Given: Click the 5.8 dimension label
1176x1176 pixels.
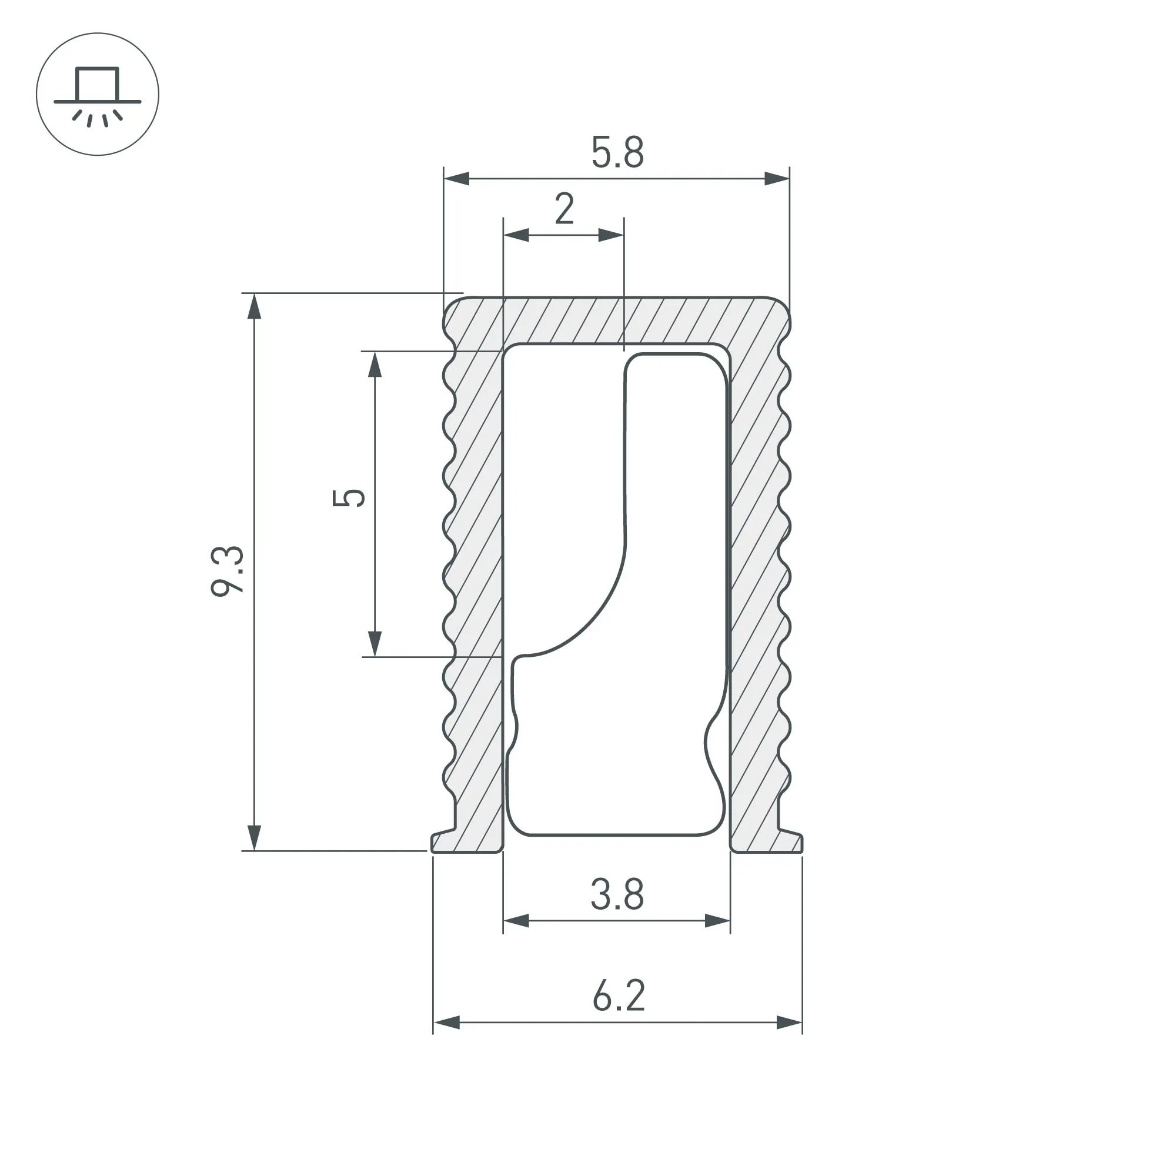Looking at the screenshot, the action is pos(617,153).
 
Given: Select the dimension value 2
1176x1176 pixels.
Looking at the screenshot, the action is pos(564,209).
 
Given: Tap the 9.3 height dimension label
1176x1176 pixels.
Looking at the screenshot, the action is pos(227,571).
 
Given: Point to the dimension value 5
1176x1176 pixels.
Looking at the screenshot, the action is pos(349,497).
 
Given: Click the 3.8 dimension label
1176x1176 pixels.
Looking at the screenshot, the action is pos(617,895).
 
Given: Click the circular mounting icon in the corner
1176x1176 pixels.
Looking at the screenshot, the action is pos(98,94).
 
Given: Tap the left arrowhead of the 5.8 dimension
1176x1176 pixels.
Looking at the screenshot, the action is pos(456,179).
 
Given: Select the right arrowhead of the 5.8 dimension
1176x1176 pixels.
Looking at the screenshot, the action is pos(777,179).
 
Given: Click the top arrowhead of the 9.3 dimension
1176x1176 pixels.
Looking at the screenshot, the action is pos(255,306).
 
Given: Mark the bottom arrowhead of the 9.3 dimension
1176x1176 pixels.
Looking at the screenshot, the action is pos(255,837).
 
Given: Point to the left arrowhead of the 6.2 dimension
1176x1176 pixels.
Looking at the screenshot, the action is pos(446,1023).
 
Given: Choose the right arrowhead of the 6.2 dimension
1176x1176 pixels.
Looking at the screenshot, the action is pos(790,1023).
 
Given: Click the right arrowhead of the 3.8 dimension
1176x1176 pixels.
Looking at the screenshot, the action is pos(717,921).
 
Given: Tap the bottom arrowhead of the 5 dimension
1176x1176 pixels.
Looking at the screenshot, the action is pos(375,644).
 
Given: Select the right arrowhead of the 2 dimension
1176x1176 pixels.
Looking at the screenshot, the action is pos(611,235).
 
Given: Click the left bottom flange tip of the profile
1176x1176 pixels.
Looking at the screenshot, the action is pos(433,843).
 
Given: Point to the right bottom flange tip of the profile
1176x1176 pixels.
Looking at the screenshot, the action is pos(801,843).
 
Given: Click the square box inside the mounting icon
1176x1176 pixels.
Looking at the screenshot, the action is pos(98,84).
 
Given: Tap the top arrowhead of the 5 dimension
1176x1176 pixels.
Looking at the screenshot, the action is pos(375,365).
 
